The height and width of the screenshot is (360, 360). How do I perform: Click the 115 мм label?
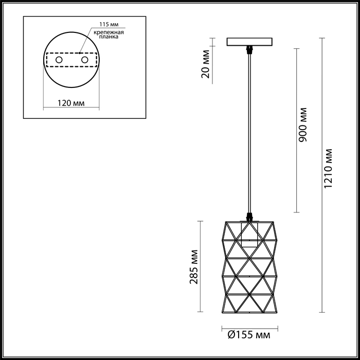point(109,24)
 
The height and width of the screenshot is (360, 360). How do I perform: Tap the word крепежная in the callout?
point(109,32)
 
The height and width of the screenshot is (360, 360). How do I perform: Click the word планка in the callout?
point(109,37)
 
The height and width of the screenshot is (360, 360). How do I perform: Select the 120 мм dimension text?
point(71,103)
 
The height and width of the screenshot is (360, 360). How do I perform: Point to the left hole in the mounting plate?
point(59,60)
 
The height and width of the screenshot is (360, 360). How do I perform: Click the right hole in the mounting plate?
point(85,60)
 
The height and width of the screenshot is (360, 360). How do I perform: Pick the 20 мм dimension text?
point(206,64)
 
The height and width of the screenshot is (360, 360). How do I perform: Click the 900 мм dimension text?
point(303,124)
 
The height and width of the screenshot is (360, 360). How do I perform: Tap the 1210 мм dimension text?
point(328,169)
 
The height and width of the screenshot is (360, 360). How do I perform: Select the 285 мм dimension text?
point(194,267)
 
